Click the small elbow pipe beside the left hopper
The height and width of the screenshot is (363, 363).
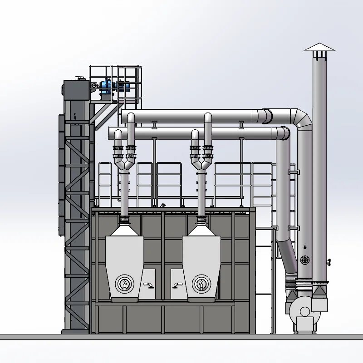tap(148, 285)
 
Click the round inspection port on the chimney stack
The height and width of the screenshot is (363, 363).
tap(305, 260)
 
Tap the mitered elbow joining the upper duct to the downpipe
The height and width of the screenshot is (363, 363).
tap(302, 119)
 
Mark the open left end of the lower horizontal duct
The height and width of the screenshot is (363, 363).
tap(110, 133)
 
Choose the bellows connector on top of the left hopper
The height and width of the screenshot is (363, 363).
tap(124, 221)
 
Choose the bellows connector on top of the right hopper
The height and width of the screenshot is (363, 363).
tap(201, 221)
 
